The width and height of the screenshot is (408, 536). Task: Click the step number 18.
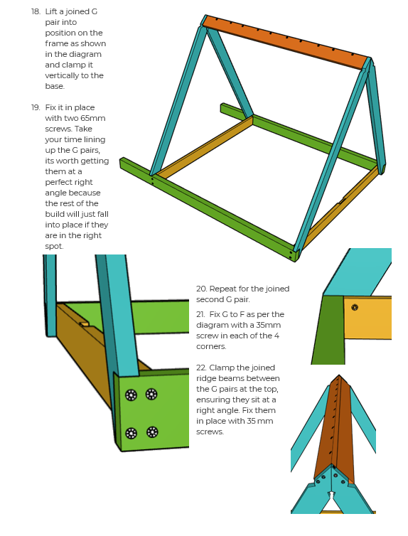pos(36,11)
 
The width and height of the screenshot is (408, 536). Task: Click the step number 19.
pos(36,107)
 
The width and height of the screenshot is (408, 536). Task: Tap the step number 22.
pos(201,368)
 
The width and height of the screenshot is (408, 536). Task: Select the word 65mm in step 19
pos(93,118)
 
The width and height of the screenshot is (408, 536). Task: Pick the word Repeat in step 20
pos(222,289)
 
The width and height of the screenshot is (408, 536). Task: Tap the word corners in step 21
pos(211,347)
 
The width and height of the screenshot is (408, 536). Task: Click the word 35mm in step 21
pos(268,325)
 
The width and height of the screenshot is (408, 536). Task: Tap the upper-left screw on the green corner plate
pos(131,395)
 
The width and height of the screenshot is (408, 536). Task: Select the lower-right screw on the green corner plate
pos(152,432)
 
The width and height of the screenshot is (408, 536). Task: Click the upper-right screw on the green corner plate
pos(151,394)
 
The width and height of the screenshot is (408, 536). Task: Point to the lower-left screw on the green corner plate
pos(131,433)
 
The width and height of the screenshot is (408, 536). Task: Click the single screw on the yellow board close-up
pos(355,307)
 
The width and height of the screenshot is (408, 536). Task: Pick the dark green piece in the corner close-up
pos(328,330)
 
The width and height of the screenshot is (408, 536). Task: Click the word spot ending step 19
pos(54,247)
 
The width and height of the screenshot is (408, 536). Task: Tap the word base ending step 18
pos(55,86)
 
